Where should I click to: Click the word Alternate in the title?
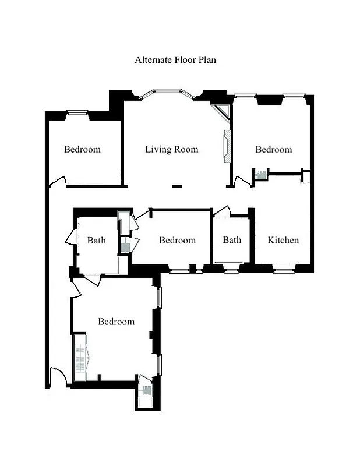153,59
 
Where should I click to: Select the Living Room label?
171,150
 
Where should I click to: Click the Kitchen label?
283,240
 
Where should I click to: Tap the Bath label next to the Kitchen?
232,240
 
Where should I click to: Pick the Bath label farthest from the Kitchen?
97,240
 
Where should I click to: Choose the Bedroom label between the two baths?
177,240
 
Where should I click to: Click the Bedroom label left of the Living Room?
82,150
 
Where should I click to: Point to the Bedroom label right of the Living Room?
273,150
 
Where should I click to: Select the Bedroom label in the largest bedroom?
116,322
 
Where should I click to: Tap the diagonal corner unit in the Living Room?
221,112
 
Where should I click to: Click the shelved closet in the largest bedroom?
80,357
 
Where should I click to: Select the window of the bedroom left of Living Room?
76,112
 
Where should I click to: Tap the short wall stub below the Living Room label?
177,186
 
